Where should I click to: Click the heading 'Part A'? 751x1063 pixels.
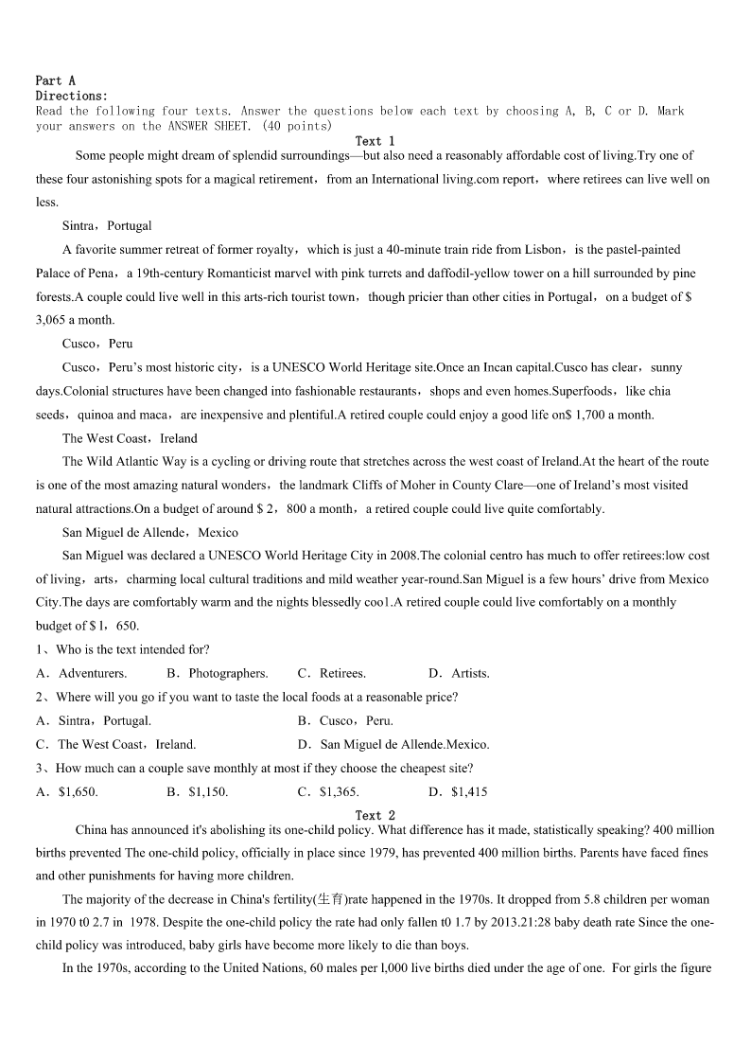[x=55, y=81]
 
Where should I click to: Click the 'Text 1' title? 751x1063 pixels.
[x=375, y=141]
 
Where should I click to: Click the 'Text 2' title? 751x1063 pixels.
[x=375, y=815]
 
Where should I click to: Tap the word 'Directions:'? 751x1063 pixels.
[x=72, y=97]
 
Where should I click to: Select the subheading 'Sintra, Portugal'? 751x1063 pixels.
[x=107, y=226]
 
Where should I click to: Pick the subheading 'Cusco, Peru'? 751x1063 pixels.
[x=97, y=344]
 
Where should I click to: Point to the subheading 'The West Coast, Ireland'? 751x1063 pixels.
[x=130, y=438]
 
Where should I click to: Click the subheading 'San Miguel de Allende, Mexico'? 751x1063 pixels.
[x=150, y=532]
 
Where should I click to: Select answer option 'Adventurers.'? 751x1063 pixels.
[x=93, y=674]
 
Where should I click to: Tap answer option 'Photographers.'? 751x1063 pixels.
[x=228, y=674]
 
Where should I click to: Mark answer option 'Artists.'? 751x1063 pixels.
[x=470, y=674]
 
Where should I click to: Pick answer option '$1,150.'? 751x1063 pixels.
[x=208, y=791]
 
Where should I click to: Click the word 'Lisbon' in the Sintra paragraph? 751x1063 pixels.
[x=542, y=250]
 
